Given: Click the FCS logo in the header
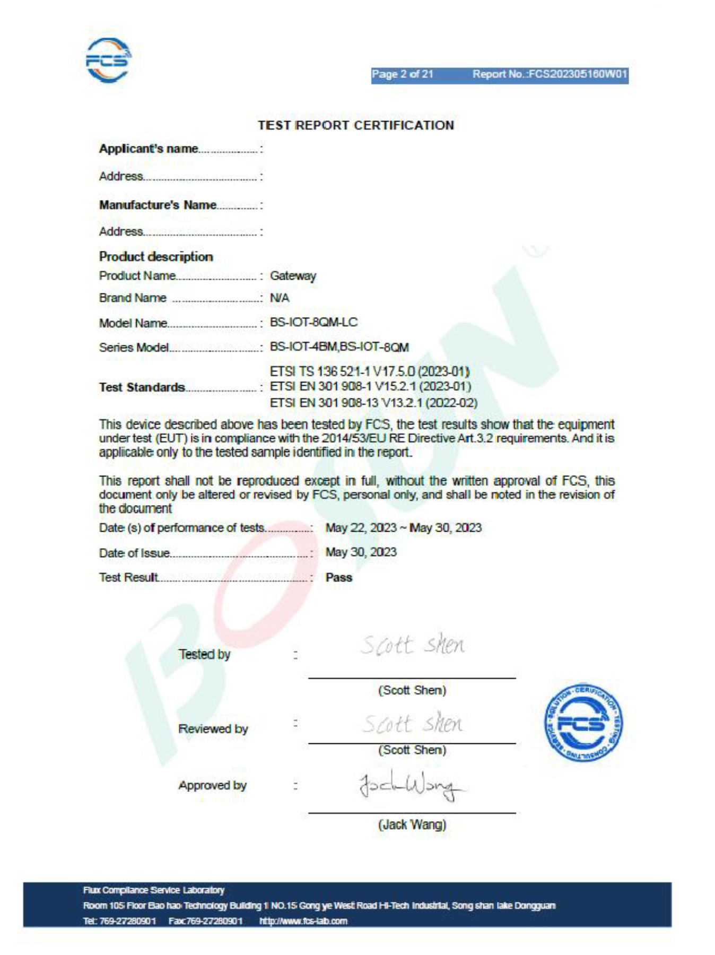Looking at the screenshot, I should click(108, 60).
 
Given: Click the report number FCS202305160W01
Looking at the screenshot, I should click(550, 74).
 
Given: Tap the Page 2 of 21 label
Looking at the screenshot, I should click(402, 74).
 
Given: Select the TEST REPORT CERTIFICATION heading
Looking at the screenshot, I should click(356, 125).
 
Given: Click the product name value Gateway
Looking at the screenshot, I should click(293, 276).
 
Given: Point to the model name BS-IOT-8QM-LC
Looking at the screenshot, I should click(313, 322).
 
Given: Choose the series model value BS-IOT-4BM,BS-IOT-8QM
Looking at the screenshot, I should click(339, 347).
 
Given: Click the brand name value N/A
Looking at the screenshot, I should click(280, 298).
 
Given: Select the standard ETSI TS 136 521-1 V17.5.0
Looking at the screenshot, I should click(370, 371).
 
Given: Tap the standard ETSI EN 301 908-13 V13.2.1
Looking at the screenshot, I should click(373, 403).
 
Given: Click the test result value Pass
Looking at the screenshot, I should click(338, 577).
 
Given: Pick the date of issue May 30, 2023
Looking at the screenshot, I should click(361, 552).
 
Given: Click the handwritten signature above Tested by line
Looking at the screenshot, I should click(412, 645).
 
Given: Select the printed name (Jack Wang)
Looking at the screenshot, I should click(412, 824).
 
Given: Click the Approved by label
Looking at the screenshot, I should click(212, 785).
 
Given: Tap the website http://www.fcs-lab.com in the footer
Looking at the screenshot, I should click(303, 921).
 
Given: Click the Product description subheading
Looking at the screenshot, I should click(156, 257).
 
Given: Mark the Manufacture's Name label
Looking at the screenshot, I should click(158, 205).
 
